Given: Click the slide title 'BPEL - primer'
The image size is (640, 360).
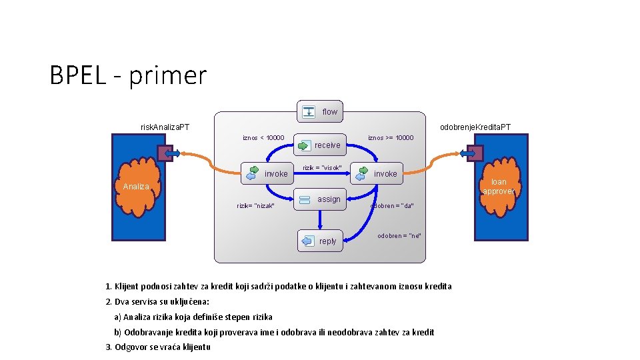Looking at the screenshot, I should [128, 75].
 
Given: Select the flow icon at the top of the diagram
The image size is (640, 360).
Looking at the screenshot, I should [309, 111].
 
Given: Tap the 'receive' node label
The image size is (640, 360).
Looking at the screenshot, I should [327, 145].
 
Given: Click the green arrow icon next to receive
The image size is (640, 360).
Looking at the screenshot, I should [304, 145].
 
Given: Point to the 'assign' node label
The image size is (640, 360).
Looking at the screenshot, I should [329, 199].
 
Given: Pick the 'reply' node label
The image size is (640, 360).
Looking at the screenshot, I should [328, 241].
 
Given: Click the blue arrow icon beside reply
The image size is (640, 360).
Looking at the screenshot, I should [307, 241].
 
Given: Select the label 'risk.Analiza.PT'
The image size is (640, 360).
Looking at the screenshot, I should [165, 127].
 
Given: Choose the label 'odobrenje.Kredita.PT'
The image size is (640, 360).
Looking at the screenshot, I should [475, 127].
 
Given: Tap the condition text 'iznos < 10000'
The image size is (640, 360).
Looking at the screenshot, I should [263, 138].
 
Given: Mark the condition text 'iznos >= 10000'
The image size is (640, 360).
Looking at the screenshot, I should [391, 138].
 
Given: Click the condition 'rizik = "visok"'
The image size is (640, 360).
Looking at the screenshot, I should [323, 168].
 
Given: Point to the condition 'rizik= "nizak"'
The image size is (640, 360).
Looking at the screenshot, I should [256, 206].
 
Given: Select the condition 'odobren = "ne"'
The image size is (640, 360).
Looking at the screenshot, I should [399, 236].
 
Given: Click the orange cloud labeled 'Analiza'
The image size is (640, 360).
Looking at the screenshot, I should [137, 187].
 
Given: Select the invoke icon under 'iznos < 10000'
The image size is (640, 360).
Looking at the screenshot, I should [252, 173].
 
